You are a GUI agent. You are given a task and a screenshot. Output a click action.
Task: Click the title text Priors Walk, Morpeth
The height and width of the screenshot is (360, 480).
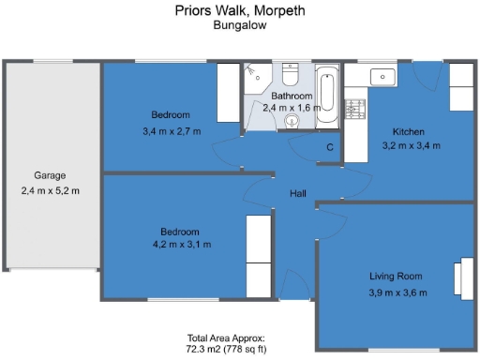(x=240, y=11)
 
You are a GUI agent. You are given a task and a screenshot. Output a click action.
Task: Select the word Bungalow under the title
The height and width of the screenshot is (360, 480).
(x=240, y=26)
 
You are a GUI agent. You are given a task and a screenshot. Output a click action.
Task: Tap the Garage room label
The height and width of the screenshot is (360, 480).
(x=50, y=175)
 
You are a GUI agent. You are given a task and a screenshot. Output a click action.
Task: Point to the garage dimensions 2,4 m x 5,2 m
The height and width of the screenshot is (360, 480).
(x=50, y=191)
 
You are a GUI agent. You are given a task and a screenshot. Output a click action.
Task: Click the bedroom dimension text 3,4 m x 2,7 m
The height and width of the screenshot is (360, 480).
(x=172, y=130)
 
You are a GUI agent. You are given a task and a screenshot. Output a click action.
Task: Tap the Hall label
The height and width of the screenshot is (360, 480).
(x=298, y=193)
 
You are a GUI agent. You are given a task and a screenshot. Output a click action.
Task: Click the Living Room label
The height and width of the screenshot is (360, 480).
(x=396, y=277)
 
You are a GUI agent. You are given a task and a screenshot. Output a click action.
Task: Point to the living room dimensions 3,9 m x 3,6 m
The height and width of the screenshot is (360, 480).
(x=396, y=292)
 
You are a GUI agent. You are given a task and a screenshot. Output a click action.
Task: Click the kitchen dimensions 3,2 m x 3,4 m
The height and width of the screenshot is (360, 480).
(x=411, y=146)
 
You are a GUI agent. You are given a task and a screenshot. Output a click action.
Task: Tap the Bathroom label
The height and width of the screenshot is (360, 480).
(x=292, y=96)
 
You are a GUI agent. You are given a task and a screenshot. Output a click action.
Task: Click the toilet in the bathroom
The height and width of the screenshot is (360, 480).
(x=290, y=73)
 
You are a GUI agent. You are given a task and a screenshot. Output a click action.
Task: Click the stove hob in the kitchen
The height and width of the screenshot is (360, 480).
(x=354, y=110)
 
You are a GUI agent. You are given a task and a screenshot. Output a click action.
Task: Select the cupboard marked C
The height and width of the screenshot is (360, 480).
(x=330, y=147)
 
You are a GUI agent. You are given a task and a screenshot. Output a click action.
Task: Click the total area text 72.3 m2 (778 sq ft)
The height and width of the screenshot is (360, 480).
(x=240, y=348)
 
